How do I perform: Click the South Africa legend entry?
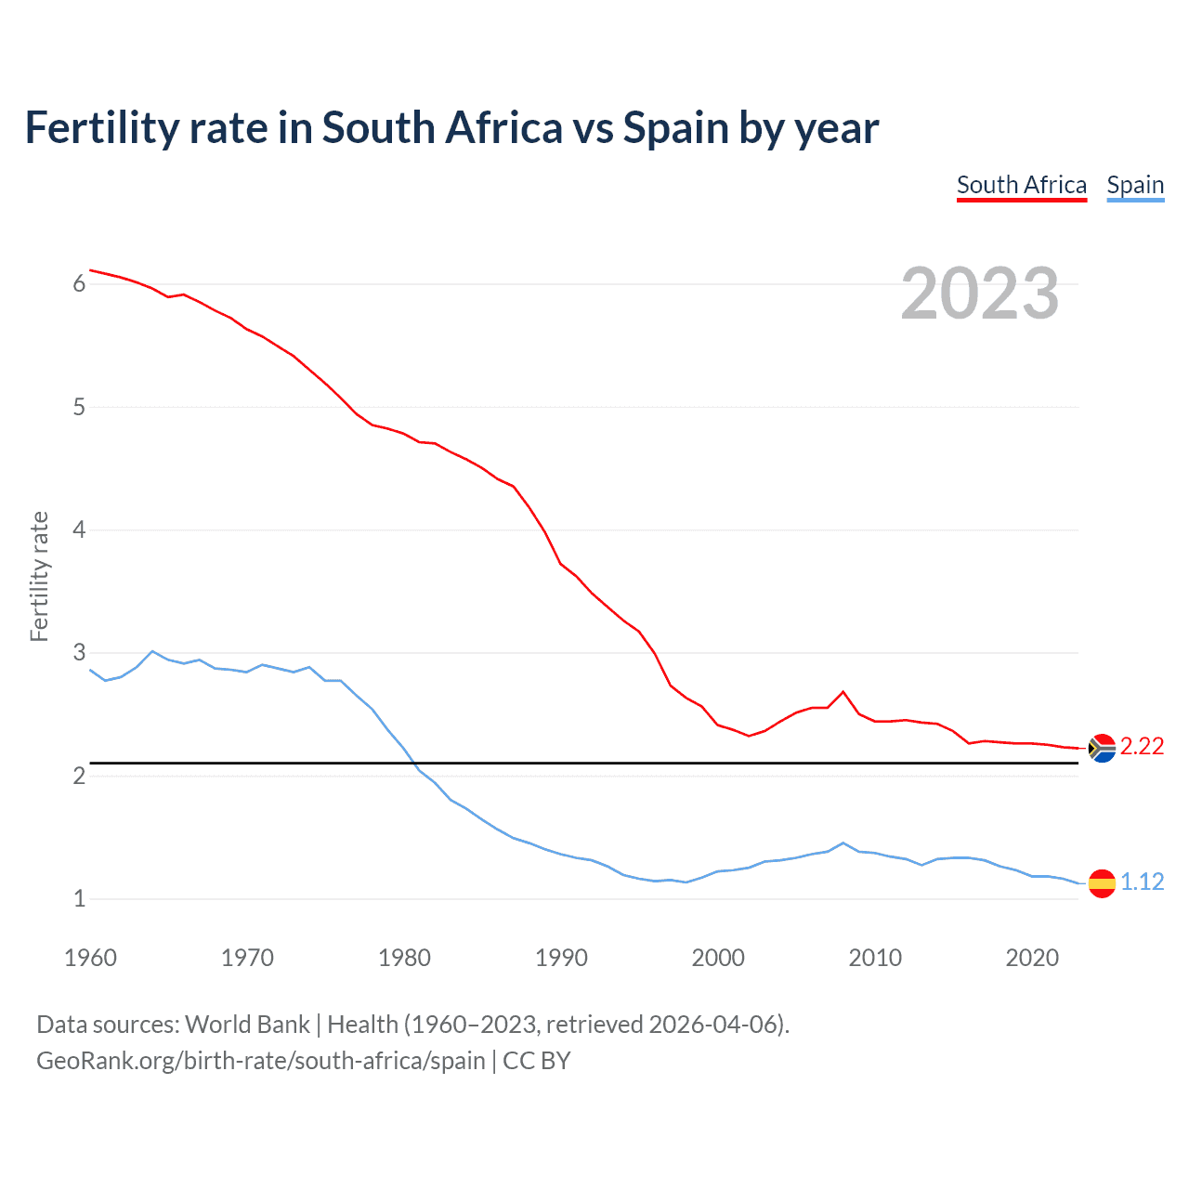pyautogui.click(x=1021, y=185)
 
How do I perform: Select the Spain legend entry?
pyautogui.click(x=1135, y=185)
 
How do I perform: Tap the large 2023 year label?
pyautogui.click(x=979, y=294)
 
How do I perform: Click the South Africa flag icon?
pyautogui.click(x=1102, y=748)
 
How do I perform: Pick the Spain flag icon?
pyautogui.click(x=1102, y=882)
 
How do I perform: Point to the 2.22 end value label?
pyautogui.click(x=1142, y=747)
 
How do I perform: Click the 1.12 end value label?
pyautogui.click(x=1142, y=882)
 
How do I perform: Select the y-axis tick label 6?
pyautogui.click(x=79, y=284)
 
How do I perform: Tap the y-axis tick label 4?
pyautogui.click(x=79, y=530)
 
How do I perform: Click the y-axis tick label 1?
pyautogui.click(x=79, y=899)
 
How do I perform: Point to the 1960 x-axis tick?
pyautogui.click(x=90, y=958)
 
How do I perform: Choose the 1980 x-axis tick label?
pyautogui.click(x=404, y=958)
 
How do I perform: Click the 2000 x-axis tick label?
pyautogui.click(x=718, y=958)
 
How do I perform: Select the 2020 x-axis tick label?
pyautogui.click(x=1032, y=958)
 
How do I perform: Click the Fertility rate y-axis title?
pyautogui.click(x=39, y=576)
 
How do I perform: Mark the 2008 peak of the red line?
pyautogui.click(x=843, y=691)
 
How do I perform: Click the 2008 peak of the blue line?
pyautogui.click(x=843, y=843)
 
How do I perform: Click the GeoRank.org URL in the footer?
pyautogui.click(x=261, y=1061)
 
